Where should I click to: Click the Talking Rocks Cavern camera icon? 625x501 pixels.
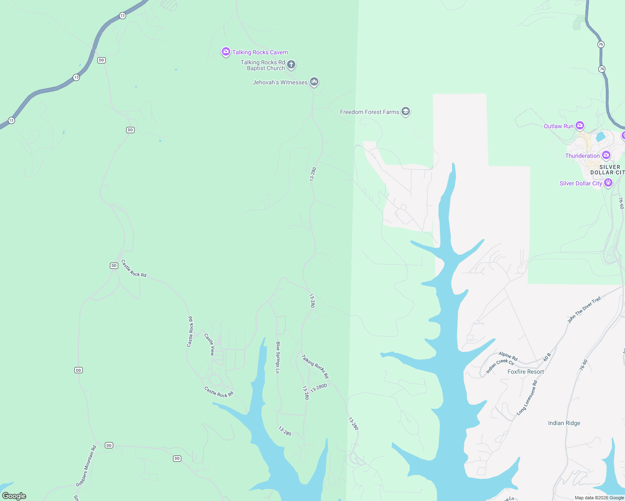click(226, 52)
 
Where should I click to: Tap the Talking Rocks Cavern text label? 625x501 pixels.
click(260, 52)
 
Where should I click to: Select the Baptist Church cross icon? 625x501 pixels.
click(291, 65)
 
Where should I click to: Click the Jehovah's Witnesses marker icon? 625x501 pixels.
click(314, 82)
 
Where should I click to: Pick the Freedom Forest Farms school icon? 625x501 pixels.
click(405, 111)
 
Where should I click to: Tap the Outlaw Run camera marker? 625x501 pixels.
click(579, 126)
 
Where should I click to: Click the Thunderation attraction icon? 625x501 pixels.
click(606, 155)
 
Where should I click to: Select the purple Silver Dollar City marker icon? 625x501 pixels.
click(608, 183)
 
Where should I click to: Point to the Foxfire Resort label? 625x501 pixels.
click(526, 372)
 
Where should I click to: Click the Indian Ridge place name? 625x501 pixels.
click(564, 423)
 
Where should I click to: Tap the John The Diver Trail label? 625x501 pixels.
click(584, 309)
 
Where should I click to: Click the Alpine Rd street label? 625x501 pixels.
click(508, 356)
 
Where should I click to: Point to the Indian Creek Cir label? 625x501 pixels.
click(500, 366)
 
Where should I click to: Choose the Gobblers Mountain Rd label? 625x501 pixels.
click(86, 466)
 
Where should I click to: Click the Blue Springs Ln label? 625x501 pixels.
click(278, 357)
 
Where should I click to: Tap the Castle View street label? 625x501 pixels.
click(210, 344)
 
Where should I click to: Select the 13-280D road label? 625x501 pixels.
click(319, 388)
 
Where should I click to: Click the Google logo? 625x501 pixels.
click(14, 496)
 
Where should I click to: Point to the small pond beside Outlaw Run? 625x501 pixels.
click(600, 137)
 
